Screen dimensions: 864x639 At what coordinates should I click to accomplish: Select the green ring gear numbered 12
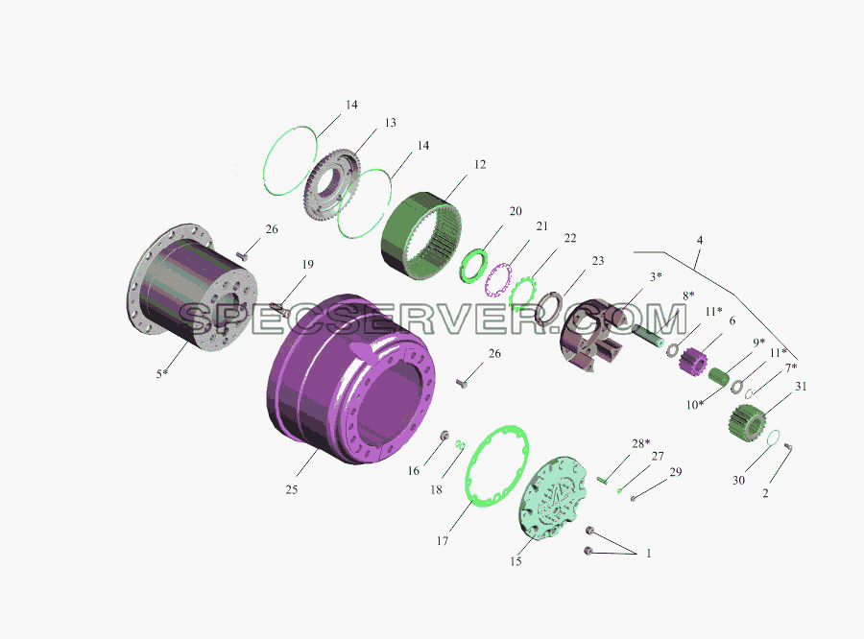tap(421, 236)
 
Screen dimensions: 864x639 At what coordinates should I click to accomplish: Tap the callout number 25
tap(292, 489)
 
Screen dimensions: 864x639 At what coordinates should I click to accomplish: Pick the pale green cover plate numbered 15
tap(553, 497)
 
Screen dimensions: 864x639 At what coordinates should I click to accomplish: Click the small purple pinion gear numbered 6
tap(693, 360)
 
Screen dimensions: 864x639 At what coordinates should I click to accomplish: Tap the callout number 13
tap(390, 122)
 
